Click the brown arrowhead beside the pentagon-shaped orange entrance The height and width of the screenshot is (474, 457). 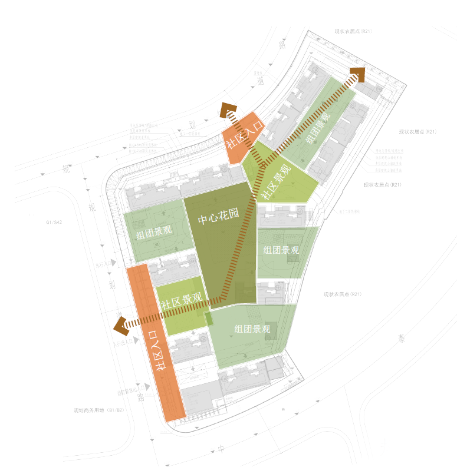point(228,111)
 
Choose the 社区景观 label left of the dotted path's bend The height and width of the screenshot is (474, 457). point(182,302)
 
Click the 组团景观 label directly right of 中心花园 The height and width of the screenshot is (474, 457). point(281,250)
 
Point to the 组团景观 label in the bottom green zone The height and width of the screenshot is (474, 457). point(252,329)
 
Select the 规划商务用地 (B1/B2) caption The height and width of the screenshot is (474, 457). point(98,410)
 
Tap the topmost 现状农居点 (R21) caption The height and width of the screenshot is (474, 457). point(353,31)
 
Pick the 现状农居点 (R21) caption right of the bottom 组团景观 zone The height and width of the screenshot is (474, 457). point(341,294)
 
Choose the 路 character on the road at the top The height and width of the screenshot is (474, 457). point(281,44)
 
